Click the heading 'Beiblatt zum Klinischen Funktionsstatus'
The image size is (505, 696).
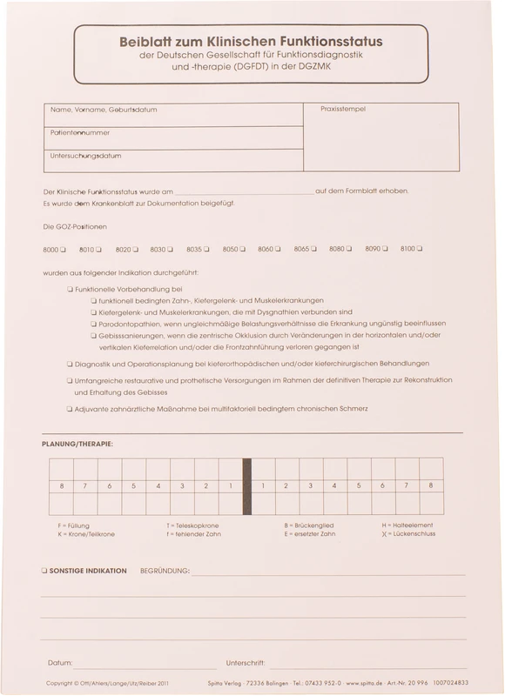point(250,40)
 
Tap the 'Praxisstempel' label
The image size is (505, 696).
point(343,109)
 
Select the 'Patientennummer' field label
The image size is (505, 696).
point(80,133)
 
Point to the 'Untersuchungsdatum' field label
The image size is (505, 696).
point(85,156)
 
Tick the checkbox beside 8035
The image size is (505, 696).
point(206,250)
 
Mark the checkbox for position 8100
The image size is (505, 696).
point(420,249)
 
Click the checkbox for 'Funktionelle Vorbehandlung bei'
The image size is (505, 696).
point(70,288)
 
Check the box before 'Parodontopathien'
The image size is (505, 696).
point(91,323)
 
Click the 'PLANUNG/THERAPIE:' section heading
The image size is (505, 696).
point(77,444)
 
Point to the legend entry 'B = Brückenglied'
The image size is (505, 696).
point(308,525)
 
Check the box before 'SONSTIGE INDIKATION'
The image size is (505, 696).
point(44,571)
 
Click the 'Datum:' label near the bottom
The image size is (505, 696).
point(60,662)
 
